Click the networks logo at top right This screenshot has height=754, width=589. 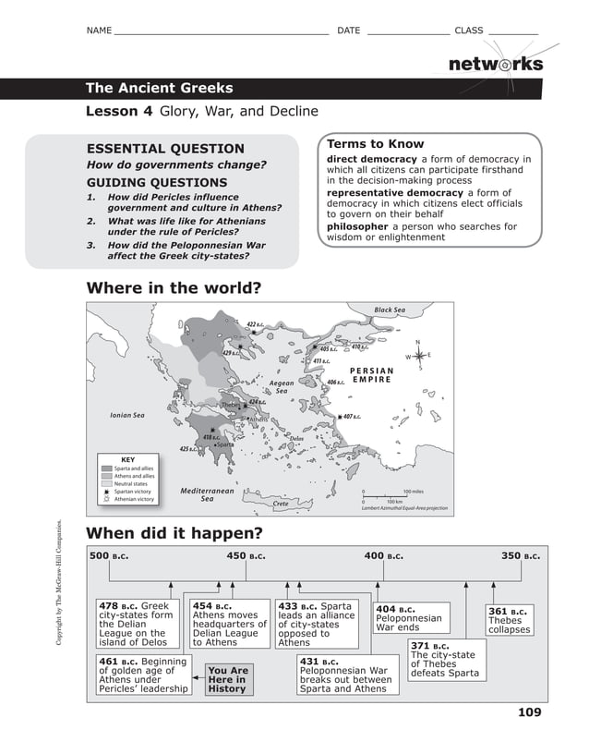[495, 65]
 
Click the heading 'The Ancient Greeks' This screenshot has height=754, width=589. [159, 89]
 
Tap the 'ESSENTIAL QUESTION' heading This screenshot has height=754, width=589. [165, 149]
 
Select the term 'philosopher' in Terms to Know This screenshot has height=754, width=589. [357, 226]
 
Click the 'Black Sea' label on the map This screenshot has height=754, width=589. [389, 310]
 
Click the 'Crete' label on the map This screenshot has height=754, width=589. [281, 504]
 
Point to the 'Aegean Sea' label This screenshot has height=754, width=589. [282, 386]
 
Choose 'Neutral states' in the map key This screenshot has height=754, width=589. [129, 483]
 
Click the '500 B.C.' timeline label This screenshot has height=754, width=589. [109, 556]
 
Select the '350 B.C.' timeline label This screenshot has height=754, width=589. [521, 556]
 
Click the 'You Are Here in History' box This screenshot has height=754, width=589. [227, 679]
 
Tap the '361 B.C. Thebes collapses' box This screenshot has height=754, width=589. [509, 620]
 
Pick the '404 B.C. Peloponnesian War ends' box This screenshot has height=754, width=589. [408, 618]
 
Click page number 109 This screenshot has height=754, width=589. [529, 711]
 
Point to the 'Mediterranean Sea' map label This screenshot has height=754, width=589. [208, 495]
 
